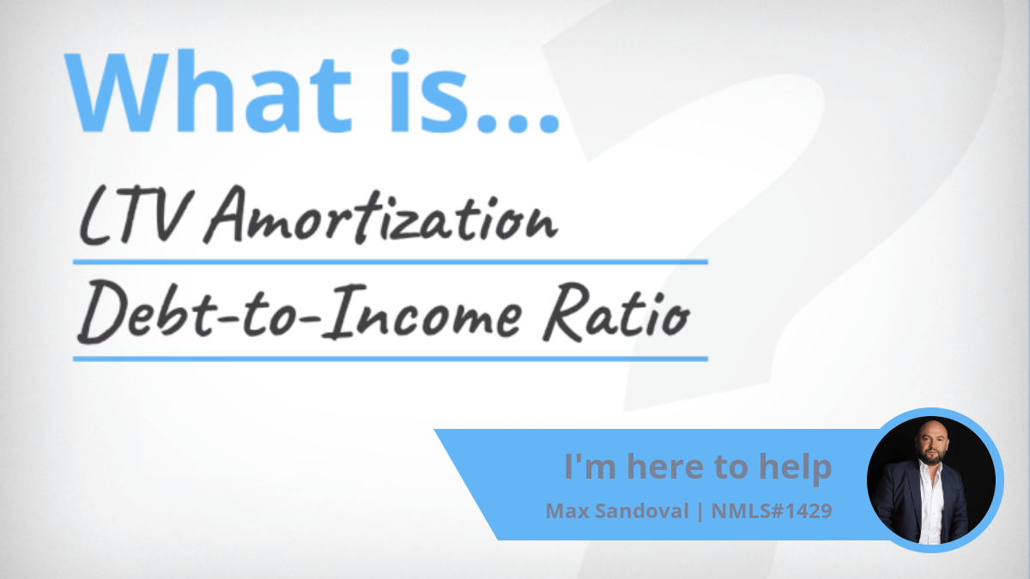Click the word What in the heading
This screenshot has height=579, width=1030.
point(208,92)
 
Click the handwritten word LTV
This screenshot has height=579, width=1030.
point(134,216)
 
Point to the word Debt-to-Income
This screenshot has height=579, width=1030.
point(300,311)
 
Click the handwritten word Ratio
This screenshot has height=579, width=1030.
point(616,312)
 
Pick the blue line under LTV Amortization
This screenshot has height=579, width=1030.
point(391,262)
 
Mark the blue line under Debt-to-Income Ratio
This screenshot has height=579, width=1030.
point(391,359)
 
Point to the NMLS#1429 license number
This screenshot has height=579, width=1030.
point(772,511)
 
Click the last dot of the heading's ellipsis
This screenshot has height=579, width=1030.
point(548,124)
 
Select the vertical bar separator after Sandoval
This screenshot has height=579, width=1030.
point(700,511)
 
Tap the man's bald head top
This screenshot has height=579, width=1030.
point(931,426)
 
